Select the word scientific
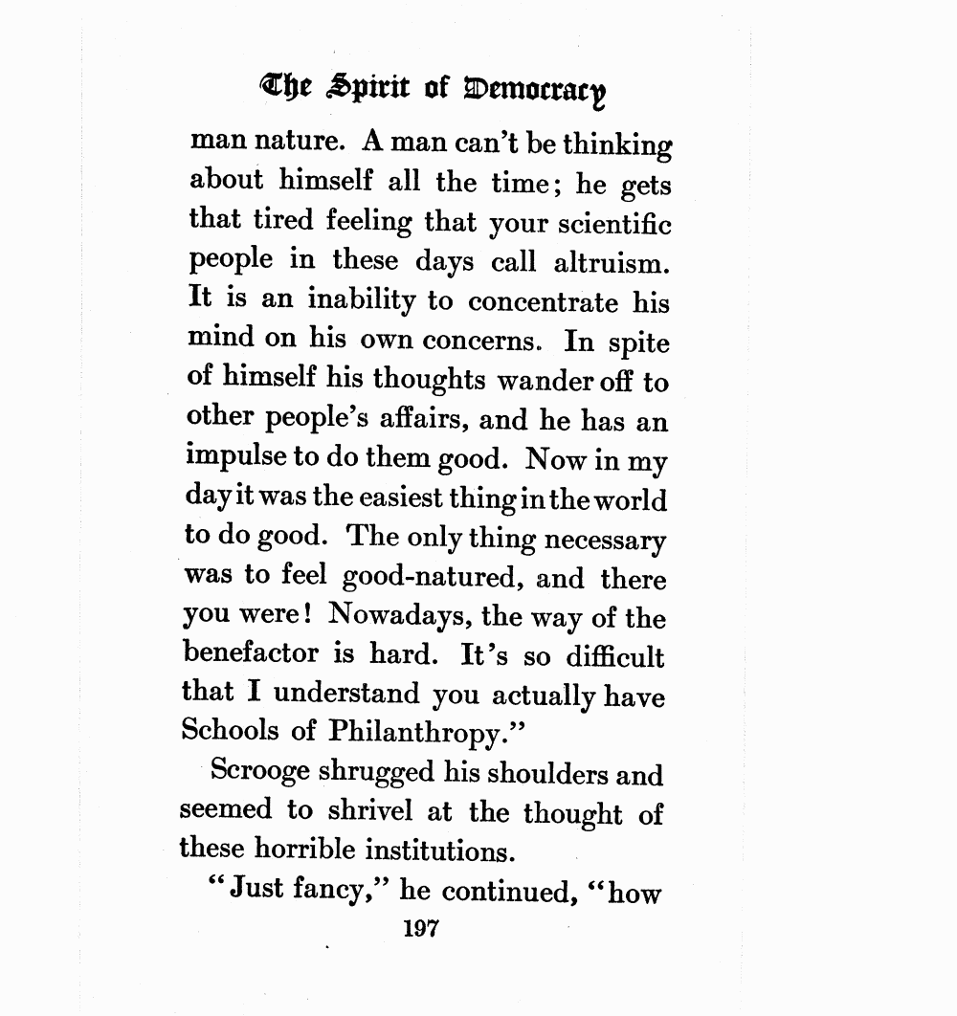(x=609, y=224)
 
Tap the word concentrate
(x=543, y=302)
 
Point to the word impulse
(x=234, y=460)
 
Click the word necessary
(x=606, y=539)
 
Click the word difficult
(x=614, y=656)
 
